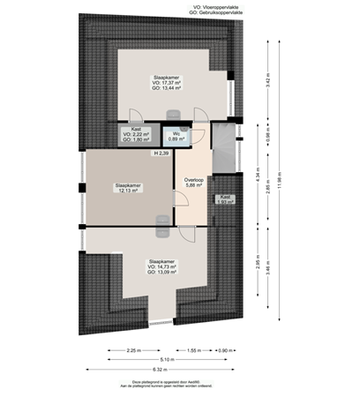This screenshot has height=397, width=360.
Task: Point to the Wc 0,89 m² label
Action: click(x=176, y=136)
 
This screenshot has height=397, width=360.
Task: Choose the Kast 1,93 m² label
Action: click(x=225, y=199)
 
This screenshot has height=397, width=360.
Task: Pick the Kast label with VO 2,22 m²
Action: click(x=137, y=134)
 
